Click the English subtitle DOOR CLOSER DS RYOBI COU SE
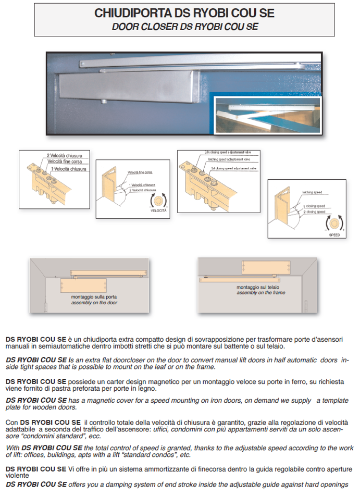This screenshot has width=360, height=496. pyautogui.click(x=185, y=26)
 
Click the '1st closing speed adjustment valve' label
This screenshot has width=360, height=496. pyautogui.click(x=234, y=168)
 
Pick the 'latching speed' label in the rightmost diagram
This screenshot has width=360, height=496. pyautogui.click(x=312, y=192)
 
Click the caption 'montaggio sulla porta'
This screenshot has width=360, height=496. pyautogui.click(x=88, y=297)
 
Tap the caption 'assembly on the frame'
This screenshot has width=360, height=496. pyautogui.click(x=261, y=293)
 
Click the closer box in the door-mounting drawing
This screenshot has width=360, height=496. pyautogui.click(x=83, y=286)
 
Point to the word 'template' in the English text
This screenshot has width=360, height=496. pyautogui.click(x=331, y=400)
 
